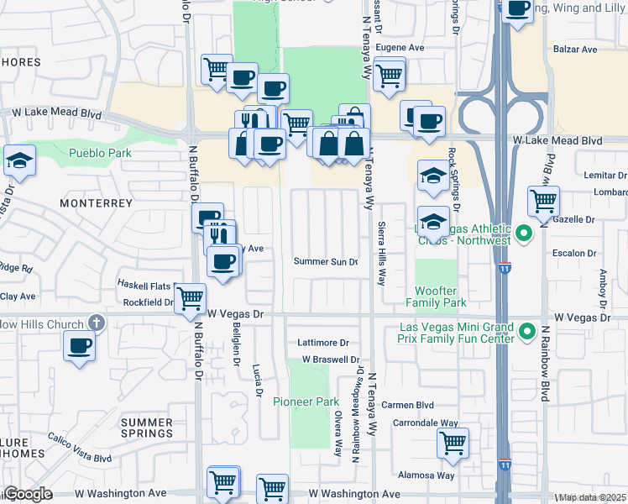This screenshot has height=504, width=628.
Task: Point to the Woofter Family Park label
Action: pos(437,297)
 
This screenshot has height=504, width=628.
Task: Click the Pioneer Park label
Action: pos(306,402)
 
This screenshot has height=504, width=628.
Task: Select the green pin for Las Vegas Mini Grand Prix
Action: pos(526,332)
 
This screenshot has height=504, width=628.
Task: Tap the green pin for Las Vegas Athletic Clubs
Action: pos(524,234)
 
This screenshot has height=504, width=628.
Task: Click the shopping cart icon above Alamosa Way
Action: pos(453,442)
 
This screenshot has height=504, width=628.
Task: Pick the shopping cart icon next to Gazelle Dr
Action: pos(544,201)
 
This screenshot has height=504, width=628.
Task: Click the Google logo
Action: pos(28,494)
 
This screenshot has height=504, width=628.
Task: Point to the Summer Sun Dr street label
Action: pos(326,261)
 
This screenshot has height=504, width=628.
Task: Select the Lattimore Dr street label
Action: pos(323,343)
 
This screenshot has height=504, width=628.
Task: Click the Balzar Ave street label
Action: pos(575,50)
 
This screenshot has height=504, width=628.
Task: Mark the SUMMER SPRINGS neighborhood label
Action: pos(146,428)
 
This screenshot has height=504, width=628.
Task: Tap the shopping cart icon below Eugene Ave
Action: pos(389,74)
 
